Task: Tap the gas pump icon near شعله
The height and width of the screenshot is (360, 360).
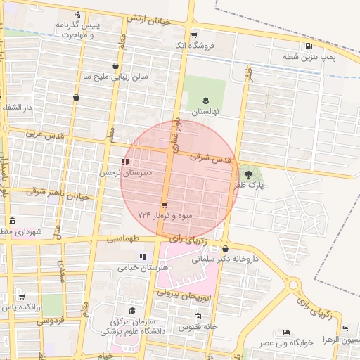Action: (x=309, y=47)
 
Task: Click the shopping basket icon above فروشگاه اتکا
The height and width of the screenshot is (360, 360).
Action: (x=194, y=34)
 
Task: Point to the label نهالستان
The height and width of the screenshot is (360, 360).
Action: (x=205, y=112)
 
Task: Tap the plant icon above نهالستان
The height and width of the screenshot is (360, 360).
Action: (x=205, y=101)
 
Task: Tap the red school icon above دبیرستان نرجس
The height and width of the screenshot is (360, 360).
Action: (x=125, y=162)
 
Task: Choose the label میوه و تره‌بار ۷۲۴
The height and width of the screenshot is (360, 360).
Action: (x=165, y=215)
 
